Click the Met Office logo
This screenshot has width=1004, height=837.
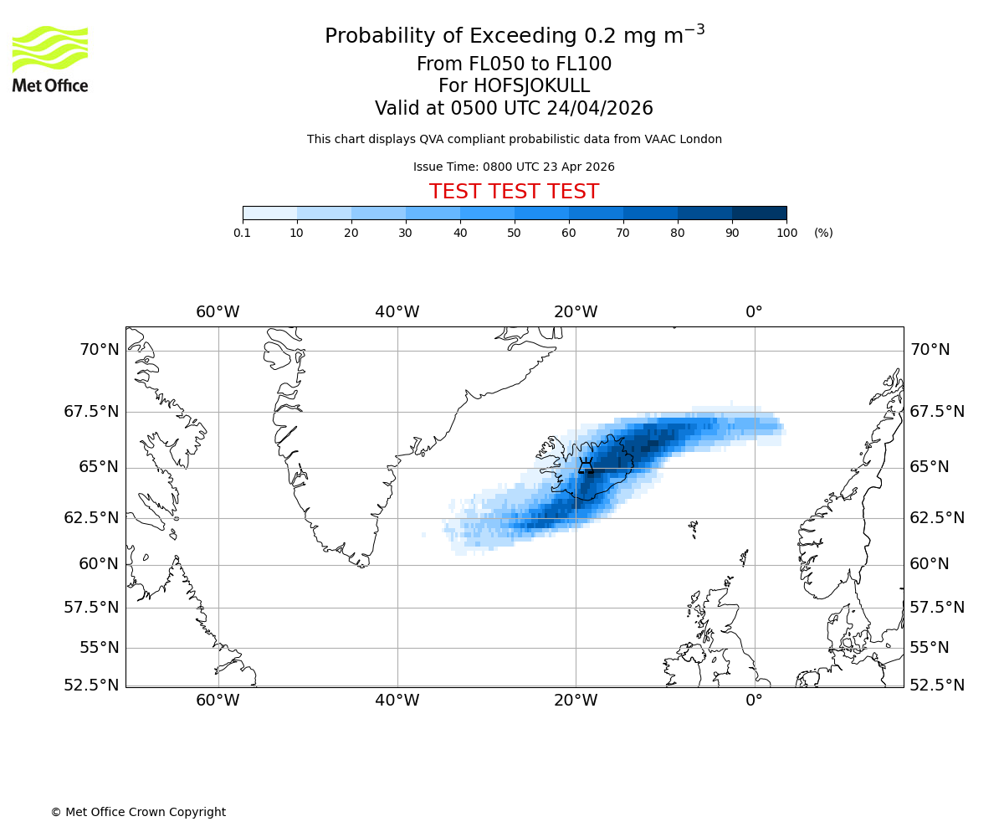pos(50,59)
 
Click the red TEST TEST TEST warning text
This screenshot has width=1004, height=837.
pos(514,192)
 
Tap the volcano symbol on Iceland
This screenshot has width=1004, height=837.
pos(586,465)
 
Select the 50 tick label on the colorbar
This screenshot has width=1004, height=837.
pos(514,233)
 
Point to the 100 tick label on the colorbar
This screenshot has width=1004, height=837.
pos(786,233)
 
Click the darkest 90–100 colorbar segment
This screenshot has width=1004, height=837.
pos(759,213)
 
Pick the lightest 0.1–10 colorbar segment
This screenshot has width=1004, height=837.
pos(269,213)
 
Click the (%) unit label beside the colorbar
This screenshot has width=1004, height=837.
pos(823,233)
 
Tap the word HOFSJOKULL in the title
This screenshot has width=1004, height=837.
pos(532,86)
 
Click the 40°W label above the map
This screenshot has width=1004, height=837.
pos(397,312)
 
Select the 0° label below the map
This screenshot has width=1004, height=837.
pos(754,700)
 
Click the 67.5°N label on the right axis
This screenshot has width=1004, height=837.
pos(937,411)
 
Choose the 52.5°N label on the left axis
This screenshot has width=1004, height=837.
pos(92,685)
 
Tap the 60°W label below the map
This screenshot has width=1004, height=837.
pos(218,700)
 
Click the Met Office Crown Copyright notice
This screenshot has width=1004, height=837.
pos(138,812)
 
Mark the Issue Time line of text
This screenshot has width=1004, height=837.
pos(514,167)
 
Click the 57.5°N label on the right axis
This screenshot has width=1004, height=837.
pos(937,607)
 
